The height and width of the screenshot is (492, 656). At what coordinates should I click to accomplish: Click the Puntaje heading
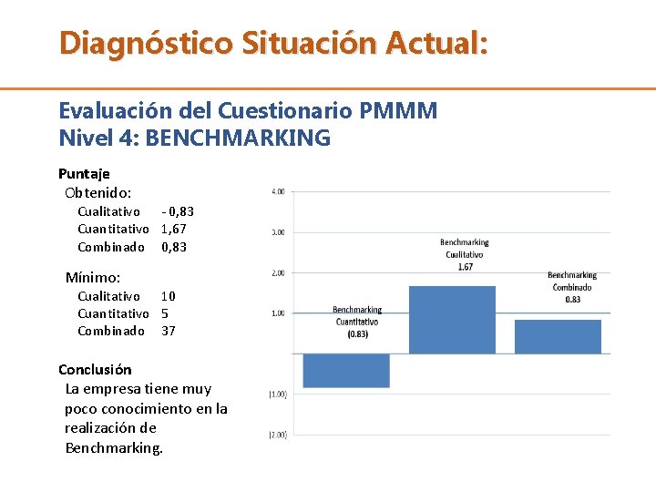[x=84, y=173]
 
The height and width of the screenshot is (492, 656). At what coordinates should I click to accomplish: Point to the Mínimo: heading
[x=93, y=277]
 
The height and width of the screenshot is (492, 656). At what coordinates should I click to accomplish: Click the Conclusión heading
[x=95, y=369]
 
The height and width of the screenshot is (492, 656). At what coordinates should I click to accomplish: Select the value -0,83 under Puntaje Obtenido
[x=178, y=211]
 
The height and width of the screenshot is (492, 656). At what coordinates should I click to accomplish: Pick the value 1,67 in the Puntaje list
[x=174, y=229]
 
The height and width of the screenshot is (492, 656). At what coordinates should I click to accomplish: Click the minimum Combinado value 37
[x=169, y=331]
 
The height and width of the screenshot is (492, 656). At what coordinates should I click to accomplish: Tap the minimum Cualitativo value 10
[x=169, y=296]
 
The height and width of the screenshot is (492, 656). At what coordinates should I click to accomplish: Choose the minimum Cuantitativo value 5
[x=165, y=313]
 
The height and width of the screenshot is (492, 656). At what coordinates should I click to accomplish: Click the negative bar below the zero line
[x=346, y=370]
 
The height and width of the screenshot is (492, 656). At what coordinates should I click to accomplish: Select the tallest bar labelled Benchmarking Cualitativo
[x=452, y=319]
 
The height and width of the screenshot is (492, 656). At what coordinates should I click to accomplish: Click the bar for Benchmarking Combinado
[x=558, y=336]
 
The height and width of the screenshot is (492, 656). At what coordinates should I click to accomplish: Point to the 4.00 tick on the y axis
[x=278, y=191]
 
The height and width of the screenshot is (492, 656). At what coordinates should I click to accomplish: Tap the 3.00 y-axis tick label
[x=278, y=232]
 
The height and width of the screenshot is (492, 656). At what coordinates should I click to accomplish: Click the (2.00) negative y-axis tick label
[x=277, y=436]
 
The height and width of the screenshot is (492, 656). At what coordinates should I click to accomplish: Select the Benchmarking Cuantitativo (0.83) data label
[x=357, y=322]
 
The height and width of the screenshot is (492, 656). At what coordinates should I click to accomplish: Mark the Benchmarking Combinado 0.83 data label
[x=572, y=287]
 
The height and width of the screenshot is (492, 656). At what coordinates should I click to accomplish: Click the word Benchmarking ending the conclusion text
[x=113, y=447]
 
